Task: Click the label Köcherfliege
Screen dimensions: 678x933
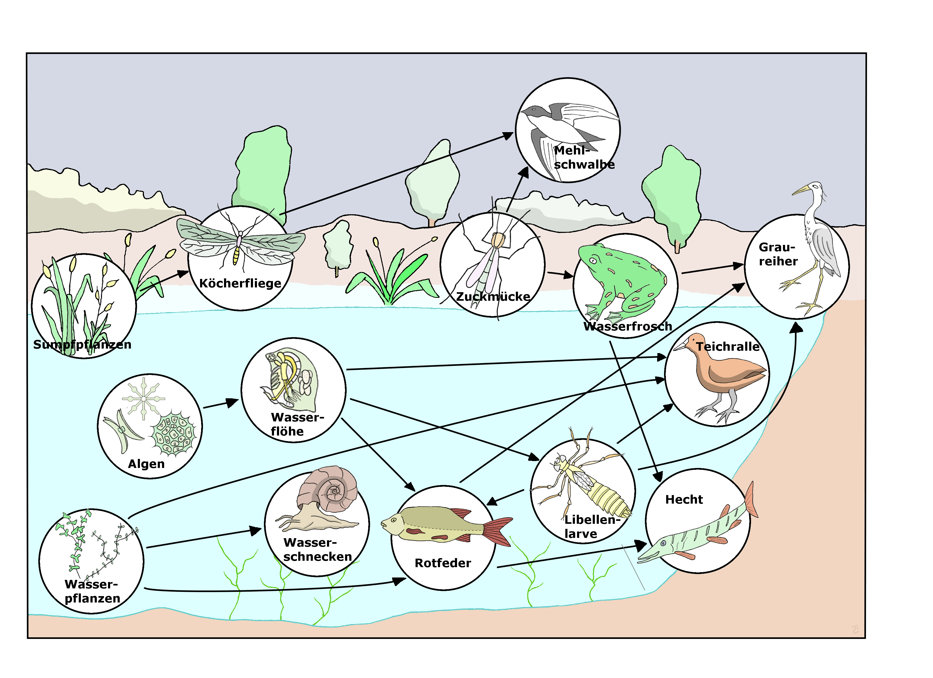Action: coord(240,283)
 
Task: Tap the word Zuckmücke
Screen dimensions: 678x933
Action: coord(493,296)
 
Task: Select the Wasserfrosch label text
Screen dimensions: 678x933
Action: coord(627,327)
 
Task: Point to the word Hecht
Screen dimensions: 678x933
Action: coord(684,500)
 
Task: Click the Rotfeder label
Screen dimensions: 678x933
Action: coord(443,563)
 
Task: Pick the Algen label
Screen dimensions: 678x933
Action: coord(146,464)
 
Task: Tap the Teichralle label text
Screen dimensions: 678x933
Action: coord(727,347)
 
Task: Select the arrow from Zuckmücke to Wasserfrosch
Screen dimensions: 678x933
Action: coord(560,274)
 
